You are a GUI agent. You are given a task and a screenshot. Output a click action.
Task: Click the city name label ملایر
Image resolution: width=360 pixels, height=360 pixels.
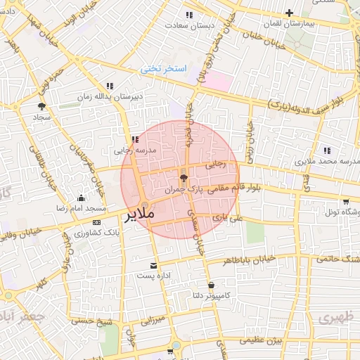point(139,216)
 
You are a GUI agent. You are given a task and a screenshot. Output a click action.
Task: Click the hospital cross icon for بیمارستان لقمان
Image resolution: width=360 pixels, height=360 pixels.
point(290,13)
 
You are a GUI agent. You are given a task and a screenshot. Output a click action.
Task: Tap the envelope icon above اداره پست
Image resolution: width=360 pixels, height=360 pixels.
point(154,266)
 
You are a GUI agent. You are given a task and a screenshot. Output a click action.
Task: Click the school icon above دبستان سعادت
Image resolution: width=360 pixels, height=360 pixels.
point(188,15)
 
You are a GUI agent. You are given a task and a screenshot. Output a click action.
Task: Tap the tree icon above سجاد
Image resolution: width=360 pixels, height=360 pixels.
point(41,106)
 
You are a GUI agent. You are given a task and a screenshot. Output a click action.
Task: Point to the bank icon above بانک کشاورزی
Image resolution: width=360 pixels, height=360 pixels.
point(96,223)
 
